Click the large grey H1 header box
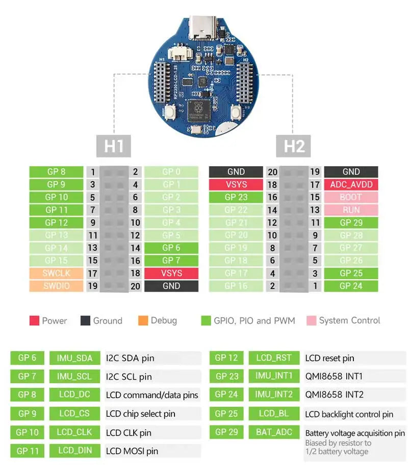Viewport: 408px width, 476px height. click(x=114, y=146)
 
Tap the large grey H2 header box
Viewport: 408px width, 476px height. click(x=294, y=146)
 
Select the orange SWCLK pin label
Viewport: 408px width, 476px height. click(x=56, y=273)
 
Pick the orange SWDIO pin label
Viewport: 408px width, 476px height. click(x=56, y=286)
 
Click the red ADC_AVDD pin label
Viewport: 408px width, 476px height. click(x=351, y=184)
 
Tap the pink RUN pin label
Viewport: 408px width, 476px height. click(x=351, y=210)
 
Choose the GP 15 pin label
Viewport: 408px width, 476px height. click(x=56, y=260)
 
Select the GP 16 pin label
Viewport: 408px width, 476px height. click(x=236, y=286)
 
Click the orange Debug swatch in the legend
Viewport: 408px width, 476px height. click(x=143, y=321)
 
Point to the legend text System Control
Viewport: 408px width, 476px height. click(x=349, y=321)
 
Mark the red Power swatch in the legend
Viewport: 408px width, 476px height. click(x=34, y=321)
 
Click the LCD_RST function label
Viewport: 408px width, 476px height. click(x=274, y=358)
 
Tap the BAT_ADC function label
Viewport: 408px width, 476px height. click(x=274, y=432)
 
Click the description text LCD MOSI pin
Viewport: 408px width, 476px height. click(x=132, y=451)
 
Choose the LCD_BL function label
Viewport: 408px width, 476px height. click(x=274, y=413)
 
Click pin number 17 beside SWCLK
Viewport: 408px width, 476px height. click(x=92, y=273)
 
